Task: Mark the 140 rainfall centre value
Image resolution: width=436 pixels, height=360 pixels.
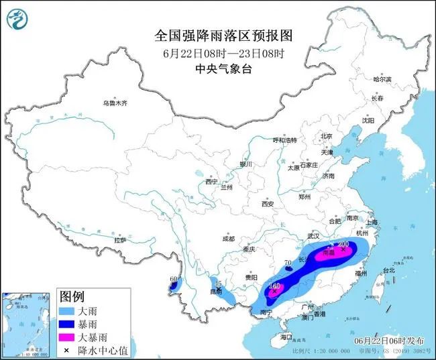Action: tap(274, 286)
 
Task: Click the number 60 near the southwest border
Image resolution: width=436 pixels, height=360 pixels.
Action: tap(174, 279)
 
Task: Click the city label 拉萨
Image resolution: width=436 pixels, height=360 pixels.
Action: tap(120, 240)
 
